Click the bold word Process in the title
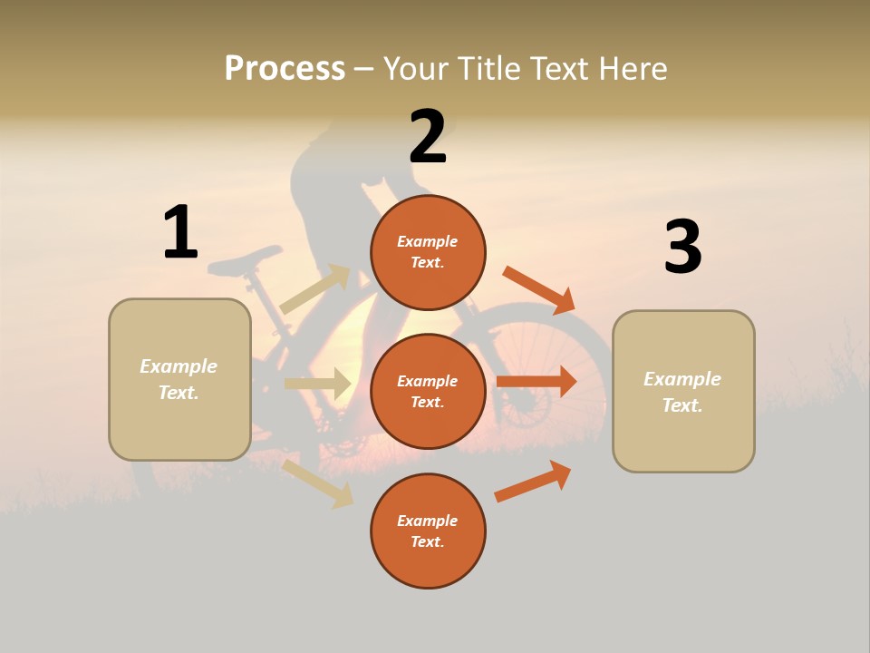click(285, 68)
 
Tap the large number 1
click(180, 232)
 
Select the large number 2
click(428, 136)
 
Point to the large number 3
click(682, 247)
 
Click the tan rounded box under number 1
click(179, 379)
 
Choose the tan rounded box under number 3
click(683, 392)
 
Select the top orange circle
click(428, 252)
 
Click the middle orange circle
click(428, 391)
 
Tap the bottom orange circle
click(428, 531)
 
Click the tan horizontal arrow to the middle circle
click(317, 384)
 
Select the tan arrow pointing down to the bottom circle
click(317, 483)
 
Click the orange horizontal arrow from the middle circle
click(536, 381)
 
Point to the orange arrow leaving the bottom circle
click(533, 482)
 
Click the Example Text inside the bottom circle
click(428, 531)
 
